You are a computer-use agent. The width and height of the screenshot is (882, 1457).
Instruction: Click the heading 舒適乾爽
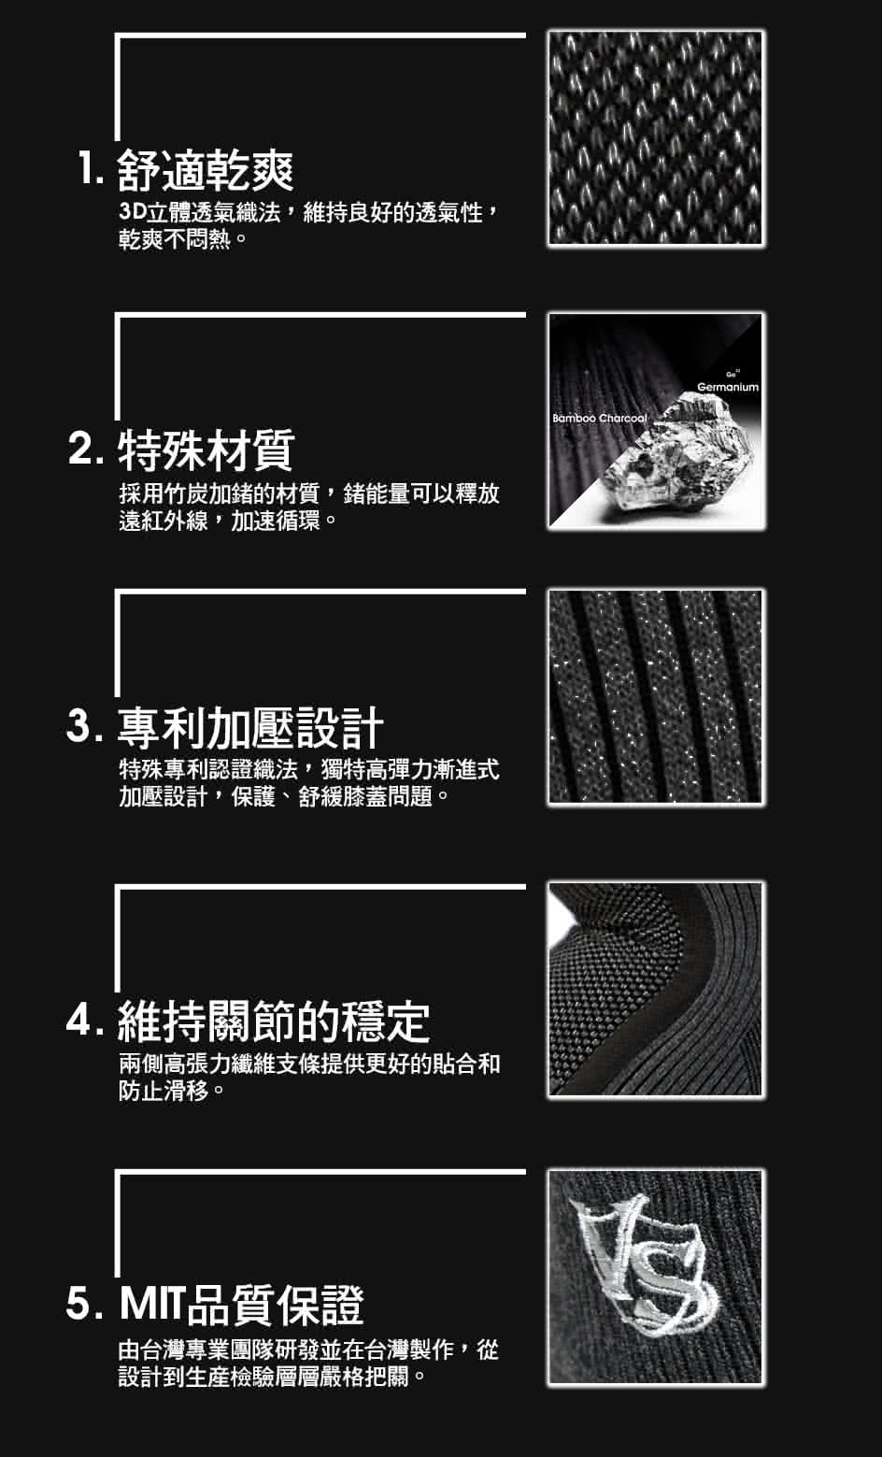click(206, 170)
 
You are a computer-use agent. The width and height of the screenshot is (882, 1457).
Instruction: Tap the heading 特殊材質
click(206, 450)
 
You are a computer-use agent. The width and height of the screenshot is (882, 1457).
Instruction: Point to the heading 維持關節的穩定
click(273, 1021)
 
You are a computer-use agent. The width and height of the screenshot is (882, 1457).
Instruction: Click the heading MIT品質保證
click(241, 1305)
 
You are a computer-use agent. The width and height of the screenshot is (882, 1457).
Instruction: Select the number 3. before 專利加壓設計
click(85, 726)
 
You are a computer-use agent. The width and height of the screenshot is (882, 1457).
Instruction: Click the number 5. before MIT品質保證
click(85, 1304)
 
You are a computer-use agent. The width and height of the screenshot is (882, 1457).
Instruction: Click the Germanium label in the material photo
click(728, 387)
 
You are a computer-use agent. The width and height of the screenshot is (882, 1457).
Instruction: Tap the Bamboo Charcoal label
click(599, 419)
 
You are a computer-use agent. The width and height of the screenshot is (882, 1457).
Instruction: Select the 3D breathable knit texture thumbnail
click(655, 138)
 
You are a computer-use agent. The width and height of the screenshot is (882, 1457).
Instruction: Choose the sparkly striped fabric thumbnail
click(655, 696)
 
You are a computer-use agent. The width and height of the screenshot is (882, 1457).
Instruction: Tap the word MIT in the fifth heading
click(153, 1305)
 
